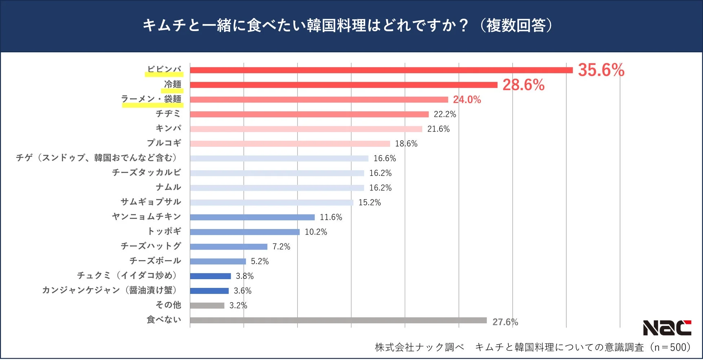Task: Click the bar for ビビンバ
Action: tap(381, 70)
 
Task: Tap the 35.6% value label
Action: tap(601, 70)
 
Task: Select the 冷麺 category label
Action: tap(173, 84)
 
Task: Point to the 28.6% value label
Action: tap(523, 85)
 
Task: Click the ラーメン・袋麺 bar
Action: tap(319, 100)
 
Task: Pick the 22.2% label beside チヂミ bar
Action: tap(445, 114)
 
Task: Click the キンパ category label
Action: tap(168, 128)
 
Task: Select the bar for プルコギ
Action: tap(290, 144)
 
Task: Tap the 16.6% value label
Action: tap(384, 158)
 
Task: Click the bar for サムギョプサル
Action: tap(271, 203)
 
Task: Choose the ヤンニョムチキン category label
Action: tap(146, 216)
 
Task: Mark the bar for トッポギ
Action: tap(244, 232)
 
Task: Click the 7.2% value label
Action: tap(281, 247)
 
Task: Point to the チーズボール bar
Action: tap(218, 262)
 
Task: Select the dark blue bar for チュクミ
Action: tap(210, 276)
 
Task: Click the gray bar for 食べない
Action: tap(338, 320)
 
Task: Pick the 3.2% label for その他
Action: tap(238, 306)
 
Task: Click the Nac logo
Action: tap(667, 328)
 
